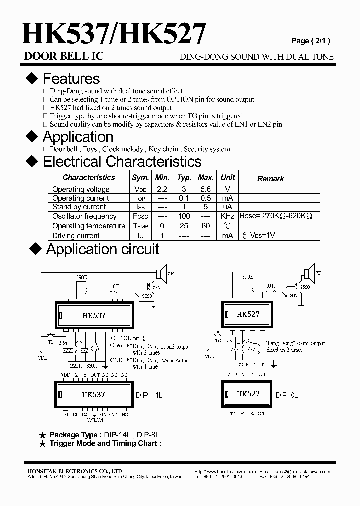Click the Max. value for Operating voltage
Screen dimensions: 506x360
[206, 189]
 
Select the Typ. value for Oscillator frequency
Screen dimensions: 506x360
[184, 216]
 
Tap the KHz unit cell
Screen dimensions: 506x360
[227, 216]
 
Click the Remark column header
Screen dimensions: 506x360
[270, 178]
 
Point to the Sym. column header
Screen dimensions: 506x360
[140, 178]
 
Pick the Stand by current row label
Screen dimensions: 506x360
[79, 207]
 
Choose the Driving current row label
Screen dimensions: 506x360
[76, 236]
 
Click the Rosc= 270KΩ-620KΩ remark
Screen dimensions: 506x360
[276, 216]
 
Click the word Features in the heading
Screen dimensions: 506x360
[71, 79]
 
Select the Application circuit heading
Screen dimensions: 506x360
[102, 249]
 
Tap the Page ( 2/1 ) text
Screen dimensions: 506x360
[311, 41]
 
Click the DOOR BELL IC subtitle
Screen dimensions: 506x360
[64, 56]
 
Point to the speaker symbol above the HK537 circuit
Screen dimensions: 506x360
[160, 274]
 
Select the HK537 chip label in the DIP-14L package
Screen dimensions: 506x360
[93, 394]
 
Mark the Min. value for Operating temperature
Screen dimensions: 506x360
[162, 226]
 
